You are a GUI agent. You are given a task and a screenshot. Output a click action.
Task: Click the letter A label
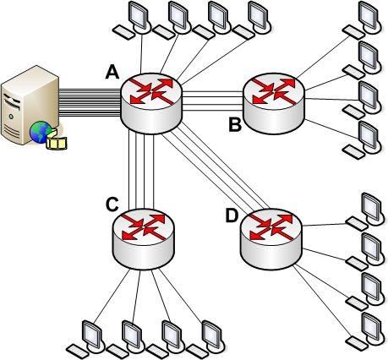coord(112,72)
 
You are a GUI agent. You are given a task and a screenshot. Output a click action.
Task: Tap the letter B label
coord(235,125)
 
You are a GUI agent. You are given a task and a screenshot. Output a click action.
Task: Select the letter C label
coord(112,204)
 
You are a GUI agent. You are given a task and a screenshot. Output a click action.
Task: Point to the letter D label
coord(232,216)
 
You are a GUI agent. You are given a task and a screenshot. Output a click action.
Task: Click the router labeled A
coord(151,103)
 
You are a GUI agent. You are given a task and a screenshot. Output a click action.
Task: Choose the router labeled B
coord(274,103)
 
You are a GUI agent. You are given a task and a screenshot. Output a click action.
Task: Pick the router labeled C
coord(143,239)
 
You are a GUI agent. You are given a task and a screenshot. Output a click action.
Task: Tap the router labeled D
coord(271,239)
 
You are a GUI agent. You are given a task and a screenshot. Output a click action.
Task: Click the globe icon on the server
coord(41,132)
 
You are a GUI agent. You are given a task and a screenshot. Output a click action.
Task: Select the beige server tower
coord(30,105)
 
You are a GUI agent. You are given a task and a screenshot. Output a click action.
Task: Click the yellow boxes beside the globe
coord(57,139)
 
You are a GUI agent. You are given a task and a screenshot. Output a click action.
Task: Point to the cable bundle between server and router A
coord(90,102)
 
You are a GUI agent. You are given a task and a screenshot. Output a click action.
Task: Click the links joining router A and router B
coord(212,101)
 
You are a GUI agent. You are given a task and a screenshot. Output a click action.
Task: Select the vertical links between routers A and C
coord(141,171)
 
